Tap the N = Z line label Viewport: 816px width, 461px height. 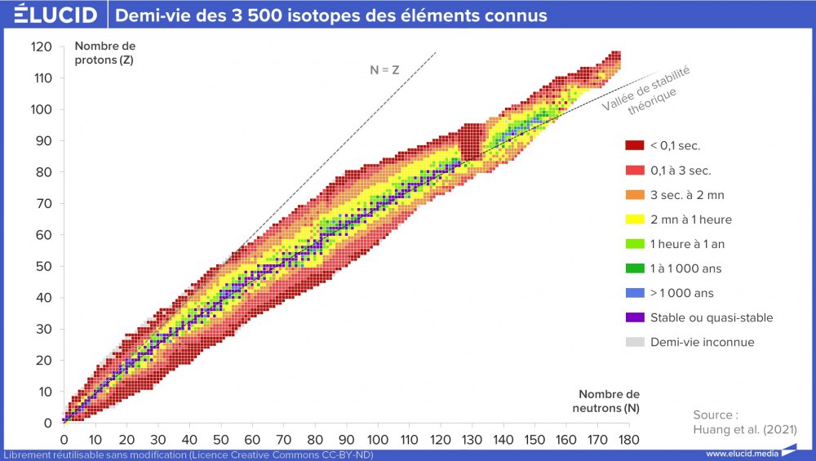click(x=384, y=70)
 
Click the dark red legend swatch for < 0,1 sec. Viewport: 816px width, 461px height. click(x=635, y=146)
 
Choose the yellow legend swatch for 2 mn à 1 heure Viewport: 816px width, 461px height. click(x=635, y=219)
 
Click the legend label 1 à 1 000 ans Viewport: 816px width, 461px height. click(x=686, y=268)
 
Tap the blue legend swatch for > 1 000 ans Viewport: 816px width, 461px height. click(x=635, y=293)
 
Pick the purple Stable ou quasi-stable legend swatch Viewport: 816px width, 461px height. click(x=635, y=317)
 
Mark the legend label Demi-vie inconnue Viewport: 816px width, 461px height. click(x=702, y=342)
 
